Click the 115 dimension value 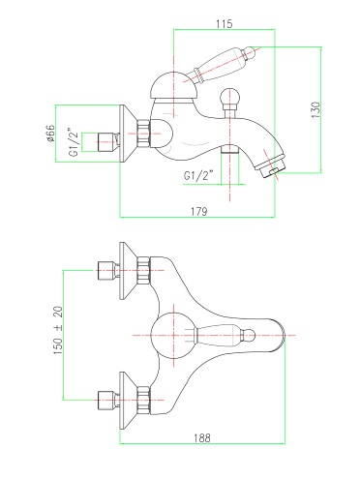pos(225,24)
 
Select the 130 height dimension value pos(315,109)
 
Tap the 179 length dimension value pos(199,212)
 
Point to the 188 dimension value pos(202,438)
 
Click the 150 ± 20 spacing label pos(58,330)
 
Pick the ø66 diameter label pos(51,134)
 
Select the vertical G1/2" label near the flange pos(74,142)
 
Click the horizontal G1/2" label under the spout pos(199,176)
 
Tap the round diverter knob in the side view pos(229,97)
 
